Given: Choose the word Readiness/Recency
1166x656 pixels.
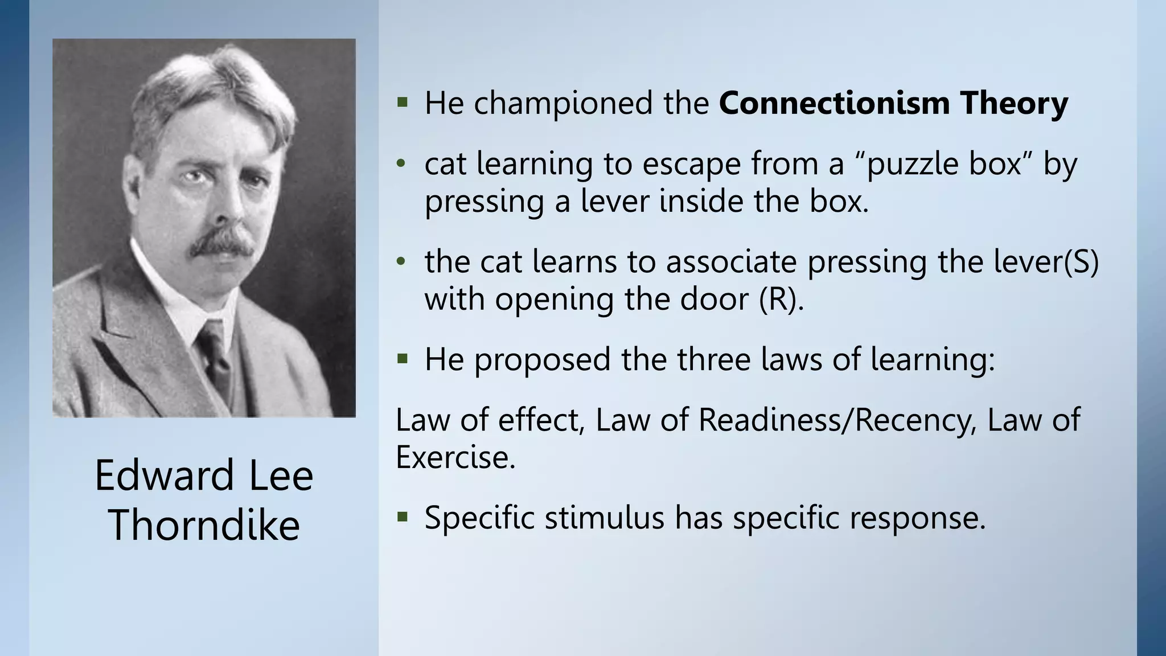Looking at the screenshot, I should click(834, 420).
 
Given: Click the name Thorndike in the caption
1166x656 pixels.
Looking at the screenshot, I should click(204, 525).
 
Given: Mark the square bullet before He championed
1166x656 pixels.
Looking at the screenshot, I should click(403, 103).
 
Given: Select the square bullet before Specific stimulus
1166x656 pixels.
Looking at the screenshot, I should click(403, 518).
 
